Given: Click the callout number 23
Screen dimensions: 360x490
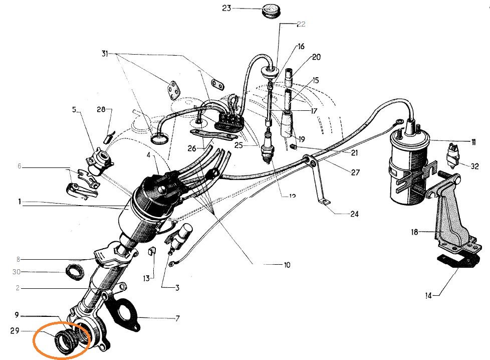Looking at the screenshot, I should coord(226,9).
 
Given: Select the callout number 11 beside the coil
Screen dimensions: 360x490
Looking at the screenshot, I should coord(473,142).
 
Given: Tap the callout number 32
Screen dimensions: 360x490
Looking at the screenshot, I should coord(474,166).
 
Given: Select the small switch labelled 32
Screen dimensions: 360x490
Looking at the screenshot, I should coord(454,155).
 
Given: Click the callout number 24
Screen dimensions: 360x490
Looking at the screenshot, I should coord(354,214).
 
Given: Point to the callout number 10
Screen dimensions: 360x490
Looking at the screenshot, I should coord(286,264).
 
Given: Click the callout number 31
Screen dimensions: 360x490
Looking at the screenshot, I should coord(104,53).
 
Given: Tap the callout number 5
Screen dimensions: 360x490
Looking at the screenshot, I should coord(74,109).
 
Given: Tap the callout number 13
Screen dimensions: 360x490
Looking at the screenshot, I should coord(146,278).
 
